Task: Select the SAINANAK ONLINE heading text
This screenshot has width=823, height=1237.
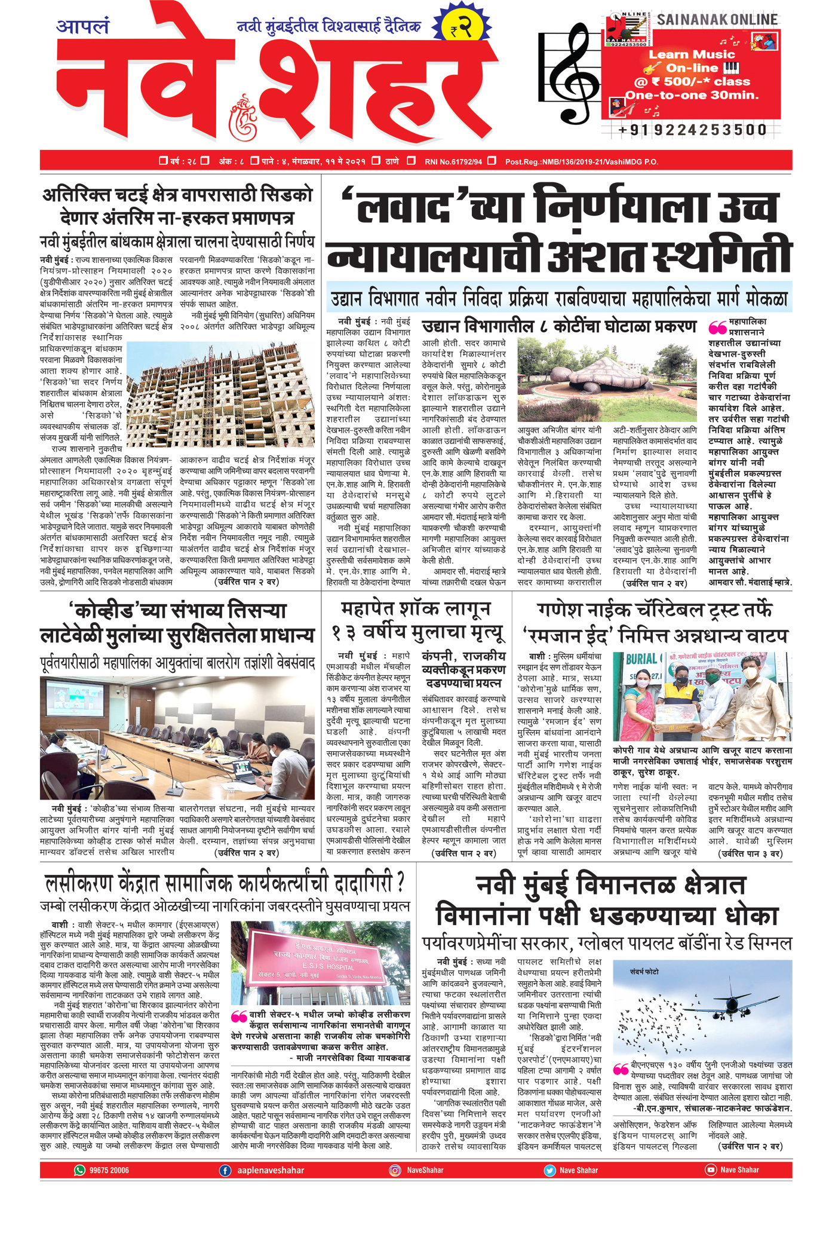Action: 717,20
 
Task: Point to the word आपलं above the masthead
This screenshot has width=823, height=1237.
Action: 82,26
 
